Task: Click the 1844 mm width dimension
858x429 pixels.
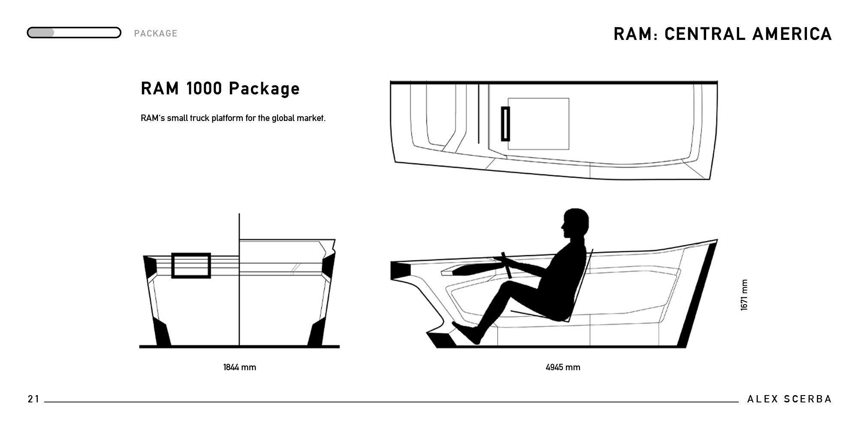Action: pos(239,367)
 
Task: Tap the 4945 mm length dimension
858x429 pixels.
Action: pos(563,367)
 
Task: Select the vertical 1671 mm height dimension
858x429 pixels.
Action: pos(744,295)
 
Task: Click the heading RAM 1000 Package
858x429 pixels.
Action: pos(220,88)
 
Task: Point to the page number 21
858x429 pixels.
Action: pos(33,399)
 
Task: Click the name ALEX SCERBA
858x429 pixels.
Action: pos(789,399)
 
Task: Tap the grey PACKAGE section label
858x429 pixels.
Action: pos(156,33)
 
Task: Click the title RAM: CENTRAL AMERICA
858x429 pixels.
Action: pos(722,34)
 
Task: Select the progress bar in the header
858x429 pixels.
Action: pos(74,33)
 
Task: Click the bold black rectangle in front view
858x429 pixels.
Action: pos(191,266)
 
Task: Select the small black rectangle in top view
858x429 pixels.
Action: pos(505,124)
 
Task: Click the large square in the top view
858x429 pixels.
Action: pos(538,124)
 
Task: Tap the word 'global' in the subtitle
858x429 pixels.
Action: pos(283,118)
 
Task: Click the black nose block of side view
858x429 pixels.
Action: pos(401,270)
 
